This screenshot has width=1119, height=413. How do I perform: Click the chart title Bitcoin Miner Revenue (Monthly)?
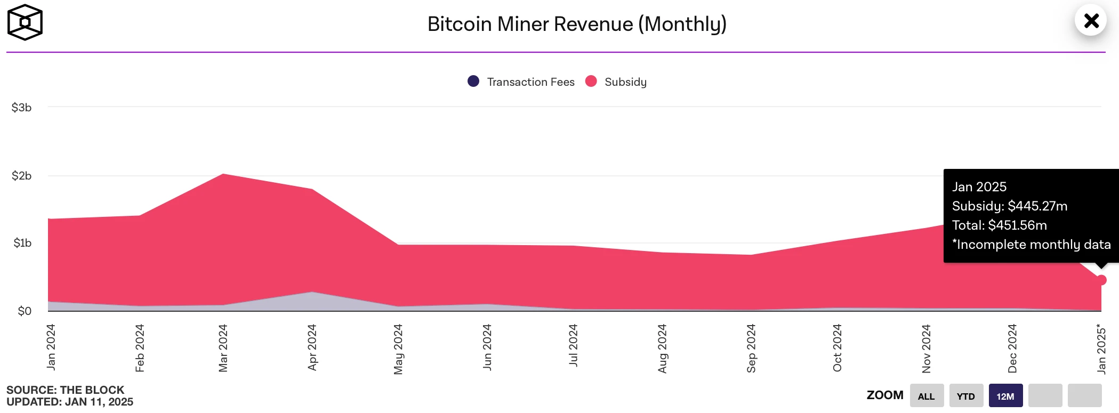click(x=577, y=24)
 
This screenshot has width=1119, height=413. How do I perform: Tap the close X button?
click(x=1091, y=21)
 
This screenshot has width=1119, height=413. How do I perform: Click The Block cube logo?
click(x=25, y=22)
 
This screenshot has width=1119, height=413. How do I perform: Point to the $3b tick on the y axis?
click(x=21, y=108)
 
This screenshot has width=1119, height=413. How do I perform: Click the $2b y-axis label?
click(x=21, y=176)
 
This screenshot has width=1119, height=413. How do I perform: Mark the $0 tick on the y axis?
click(x=25, y=311)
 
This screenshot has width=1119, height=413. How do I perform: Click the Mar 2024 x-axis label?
click(x=223, y=348)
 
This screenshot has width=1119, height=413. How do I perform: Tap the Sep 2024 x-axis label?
click(x=751, y=348)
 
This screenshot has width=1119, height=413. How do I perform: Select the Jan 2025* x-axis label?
click(x=1101, y=349)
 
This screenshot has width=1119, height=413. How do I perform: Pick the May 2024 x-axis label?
click(x=398, y=349)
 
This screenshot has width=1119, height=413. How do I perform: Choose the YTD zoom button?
click(x=965, y=396)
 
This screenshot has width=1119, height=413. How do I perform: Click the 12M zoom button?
click(x=1005, y=396)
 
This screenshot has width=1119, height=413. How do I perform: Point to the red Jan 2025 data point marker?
click(x=1101, y=280)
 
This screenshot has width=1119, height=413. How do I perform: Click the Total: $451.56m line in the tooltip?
click(x=1000, y=225)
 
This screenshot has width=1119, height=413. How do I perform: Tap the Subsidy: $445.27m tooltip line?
click(x=1010, y=206)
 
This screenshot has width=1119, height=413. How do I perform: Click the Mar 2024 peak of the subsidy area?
click(x=223, y=174)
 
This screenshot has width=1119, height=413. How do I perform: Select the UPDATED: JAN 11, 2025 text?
click(x=70, y=402)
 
